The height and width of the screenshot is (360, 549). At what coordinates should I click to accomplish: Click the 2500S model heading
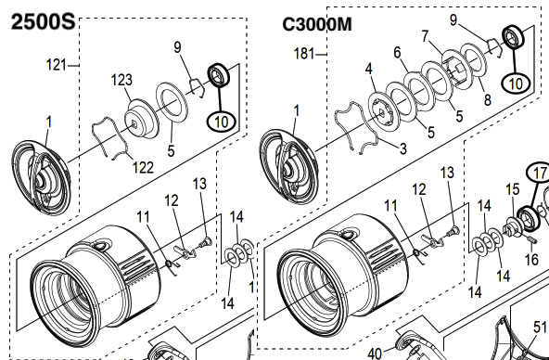point(43,21)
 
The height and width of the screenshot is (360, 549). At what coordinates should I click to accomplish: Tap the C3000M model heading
point(317,24)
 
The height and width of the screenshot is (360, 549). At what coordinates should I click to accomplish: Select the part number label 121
point(56,65)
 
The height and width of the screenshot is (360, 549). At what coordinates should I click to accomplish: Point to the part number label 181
point(304,54)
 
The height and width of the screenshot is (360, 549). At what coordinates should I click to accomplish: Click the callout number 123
point(121,80)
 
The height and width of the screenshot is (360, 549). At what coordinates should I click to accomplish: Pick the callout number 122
point(143,167)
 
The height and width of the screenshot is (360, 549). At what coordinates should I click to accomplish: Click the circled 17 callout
point(539,173)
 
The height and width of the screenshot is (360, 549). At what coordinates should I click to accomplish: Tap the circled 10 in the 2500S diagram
point(222,122)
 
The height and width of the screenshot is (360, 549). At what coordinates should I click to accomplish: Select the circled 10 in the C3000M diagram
point(516,84)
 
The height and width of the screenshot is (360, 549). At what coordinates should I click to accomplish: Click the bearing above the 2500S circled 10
point(219,74)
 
